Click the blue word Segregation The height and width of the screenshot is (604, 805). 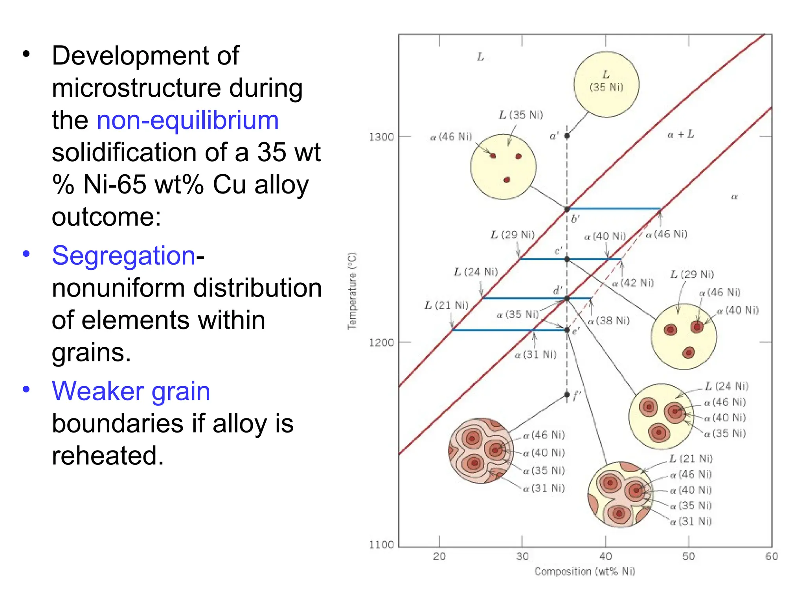(123, 256)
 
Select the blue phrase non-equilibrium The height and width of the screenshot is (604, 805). (187, 120)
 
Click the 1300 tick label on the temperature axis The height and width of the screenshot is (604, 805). (380, 137)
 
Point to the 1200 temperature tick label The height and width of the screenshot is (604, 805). (380, 343)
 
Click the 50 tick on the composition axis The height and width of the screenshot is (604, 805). (688, 556)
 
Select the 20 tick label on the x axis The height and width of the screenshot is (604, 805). (439, 556)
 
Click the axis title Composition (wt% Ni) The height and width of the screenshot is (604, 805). (584, 571)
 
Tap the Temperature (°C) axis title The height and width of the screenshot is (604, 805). (352, 291)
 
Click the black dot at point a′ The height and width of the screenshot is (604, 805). (567, 136)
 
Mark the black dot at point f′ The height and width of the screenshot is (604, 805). (567, 394)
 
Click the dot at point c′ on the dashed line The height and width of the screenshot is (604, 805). (567, 259)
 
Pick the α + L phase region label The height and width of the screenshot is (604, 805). (680, 134)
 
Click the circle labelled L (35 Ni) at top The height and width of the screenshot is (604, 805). (606, 84)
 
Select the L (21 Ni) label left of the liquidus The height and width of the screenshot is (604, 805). (446, 305)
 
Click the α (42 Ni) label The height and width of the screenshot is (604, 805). (633, 283)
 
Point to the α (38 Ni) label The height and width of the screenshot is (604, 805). (608, 321)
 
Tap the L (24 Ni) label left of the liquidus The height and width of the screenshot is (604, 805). (476, 272)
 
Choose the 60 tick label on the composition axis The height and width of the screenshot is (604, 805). (771, 556)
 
